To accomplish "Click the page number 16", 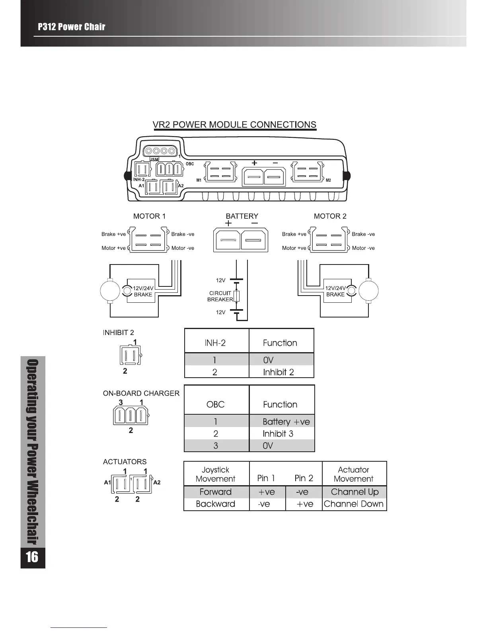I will pos(32,557).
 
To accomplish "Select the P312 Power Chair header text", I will pos(72,27).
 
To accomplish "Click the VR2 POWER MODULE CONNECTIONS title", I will pos(234,125).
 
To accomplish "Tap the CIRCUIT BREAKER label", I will pos(220,296).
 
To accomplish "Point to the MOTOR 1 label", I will pos(149,216).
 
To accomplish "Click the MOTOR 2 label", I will pos(330,216).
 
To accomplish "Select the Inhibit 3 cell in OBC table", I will pos(278,433).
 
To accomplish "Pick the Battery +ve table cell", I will pos(286,421).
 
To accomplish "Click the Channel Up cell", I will pos(355,492).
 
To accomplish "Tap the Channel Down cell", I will pos(354,504).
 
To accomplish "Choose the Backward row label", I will pos(215,504).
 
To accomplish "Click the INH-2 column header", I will pos(215,343).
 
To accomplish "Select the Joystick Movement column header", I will pos(215,474).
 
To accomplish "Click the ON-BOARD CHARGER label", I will pos(141,393).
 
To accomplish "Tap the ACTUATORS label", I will pos(125,462).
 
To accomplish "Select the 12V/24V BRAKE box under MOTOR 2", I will pos(335,291).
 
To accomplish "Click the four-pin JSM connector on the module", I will pos(160,151).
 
